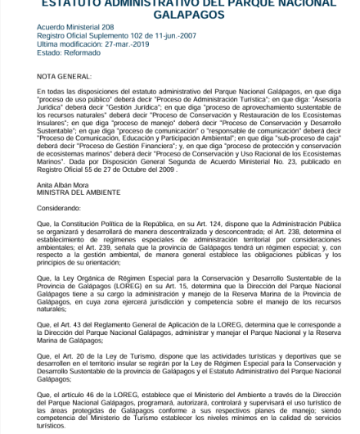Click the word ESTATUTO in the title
75,2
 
